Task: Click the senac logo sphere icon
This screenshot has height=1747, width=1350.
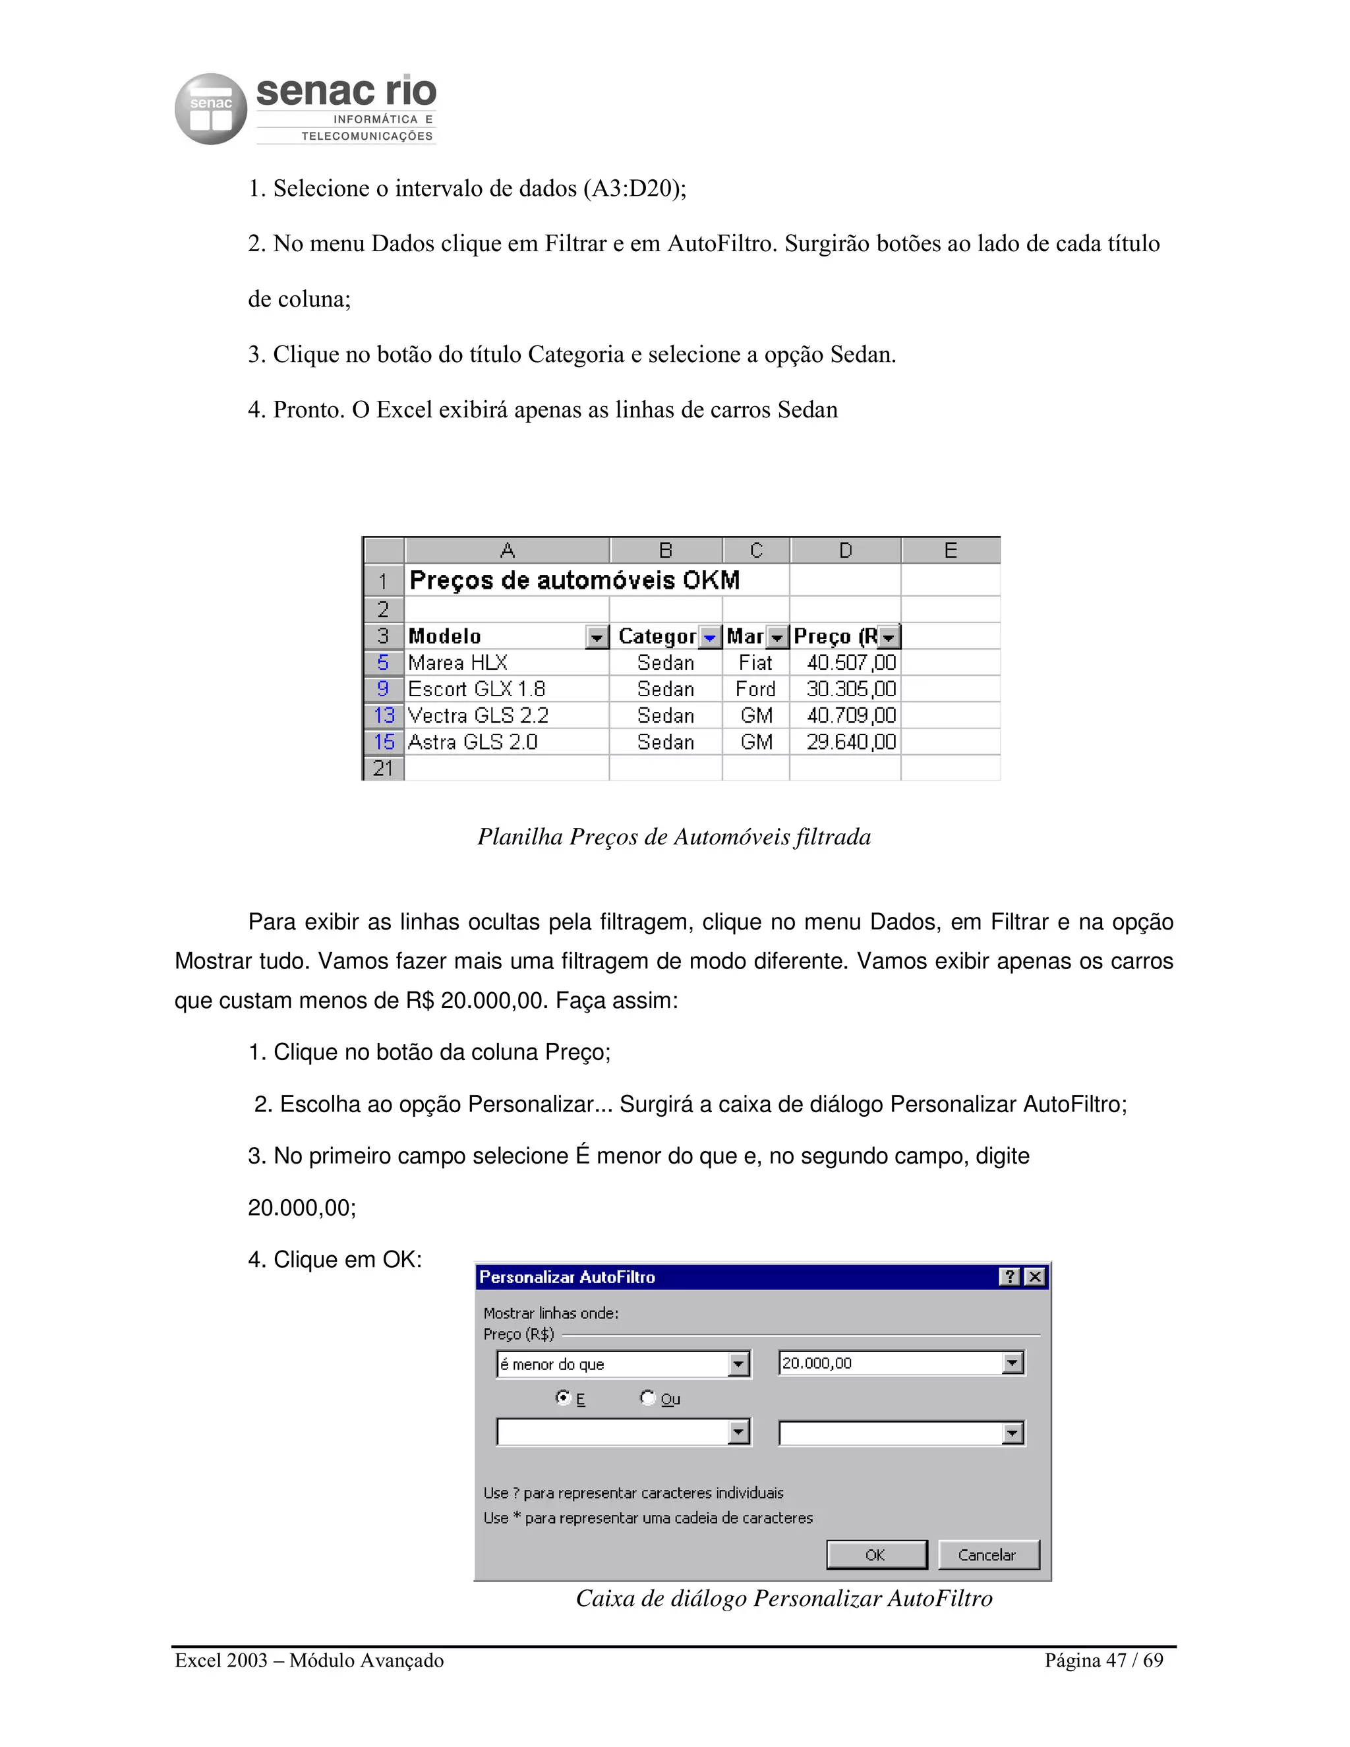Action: click(210, 109)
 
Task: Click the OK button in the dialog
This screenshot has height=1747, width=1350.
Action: click(876, 1555)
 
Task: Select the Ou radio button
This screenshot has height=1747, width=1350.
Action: click(648, 1398)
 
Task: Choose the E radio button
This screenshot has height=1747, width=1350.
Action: click(563, 1398)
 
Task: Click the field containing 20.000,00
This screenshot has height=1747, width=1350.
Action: click(889, 1363)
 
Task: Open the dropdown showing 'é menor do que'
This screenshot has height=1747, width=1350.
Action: click(739, 1364)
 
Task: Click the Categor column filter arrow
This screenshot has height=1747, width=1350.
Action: click(709, 637)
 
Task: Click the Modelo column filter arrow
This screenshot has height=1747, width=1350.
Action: click(597, 637)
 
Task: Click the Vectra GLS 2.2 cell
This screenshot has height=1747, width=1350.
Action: click(479, 715)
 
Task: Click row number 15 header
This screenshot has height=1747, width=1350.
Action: click(384, 742)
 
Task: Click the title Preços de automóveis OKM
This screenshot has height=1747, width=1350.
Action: click(574, 580)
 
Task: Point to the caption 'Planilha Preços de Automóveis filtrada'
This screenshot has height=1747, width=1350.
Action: click(674, 837)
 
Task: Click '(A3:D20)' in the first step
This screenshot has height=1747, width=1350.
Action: click(634, 189)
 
